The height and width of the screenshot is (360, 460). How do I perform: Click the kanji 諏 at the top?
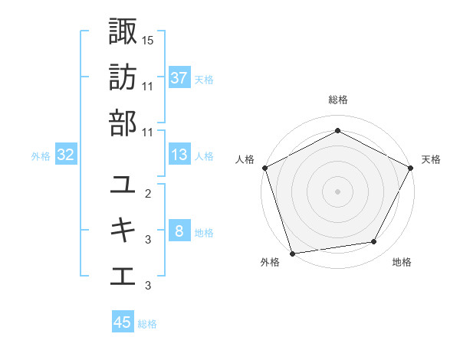coord(123,31)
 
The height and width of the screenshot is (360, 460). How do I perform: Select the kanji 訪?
coord(123,77)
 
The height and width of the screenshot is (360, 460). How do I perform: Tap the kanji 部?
coord(123,123)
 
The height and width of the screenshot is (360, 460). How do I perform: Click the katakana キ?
coord(123,231)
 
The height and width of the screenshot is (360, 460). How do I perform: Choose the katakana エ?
coord(123,276)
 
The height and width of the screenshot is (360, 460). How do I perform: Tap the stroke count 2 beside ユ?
coord(148,195)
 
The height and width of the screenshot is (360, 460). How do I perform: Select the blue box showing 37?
coord(179,78)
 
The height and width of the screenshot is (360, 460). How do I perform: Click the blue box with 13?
coord(179,155)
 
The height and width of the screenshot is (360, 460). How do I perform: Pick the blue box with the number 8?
coord(179,232)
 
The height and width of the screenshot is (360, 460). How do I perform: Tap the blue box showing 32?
coord(65,155)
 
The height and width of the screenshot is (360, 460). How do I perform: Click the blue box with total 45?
coord(123,322)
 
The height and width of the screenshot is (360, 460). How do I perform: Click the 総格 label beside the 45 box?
coord(147,324)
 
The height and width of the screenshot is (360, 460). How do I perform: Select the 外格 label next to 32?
coord(41,156)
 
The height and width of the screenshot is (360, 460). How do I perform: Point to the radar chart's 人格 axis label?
coord(245,159)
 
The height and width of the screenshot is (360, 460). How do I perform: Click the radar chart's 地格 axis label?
coord(402,263)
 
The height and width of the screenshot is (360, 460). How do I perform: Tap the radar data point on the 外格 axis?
coord(293,253)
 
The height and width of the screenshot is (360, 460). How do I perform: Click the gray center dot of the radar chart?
coord(337,191)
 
